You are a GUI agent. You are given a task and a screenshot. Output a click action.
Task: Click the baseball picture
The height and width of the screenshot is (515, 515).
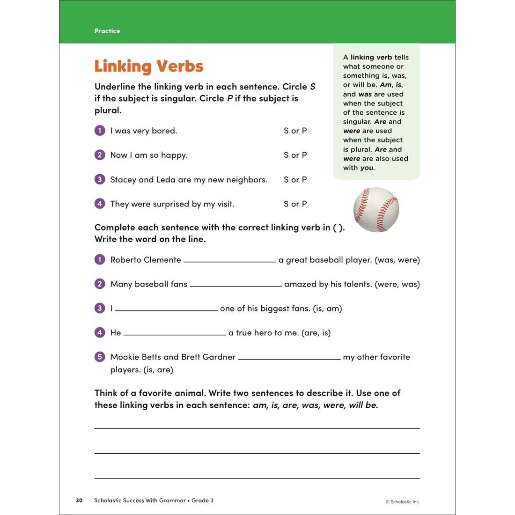click(376, 210)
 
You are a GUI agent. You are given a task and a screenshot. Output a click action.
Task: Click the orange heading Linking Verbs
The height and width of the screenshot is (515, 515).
click(149, 66)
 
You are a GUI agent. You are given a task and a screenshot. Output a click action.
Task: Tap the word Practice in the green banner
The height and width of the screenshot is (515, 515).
click(107, 31)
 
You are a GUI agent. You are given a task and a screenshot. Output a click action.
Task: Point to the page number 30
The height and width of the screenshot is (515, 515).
click(79, 500)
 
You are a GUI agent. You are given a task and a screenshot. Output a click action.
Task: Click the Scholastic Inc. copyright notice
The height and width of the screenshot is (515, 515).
click(403, 502)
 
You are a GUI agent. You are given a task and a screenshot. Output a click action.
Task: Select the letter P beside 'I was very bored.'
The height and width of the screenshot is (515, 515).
click(304, 131)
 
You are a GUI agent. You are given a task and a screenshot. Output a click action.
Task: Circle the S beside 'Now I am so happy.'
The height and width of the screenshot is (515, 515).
click(286, 155)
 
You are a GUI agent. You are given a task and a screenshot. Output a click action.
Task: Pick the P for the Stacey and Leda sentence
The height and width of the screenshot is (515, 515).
click(304, 179)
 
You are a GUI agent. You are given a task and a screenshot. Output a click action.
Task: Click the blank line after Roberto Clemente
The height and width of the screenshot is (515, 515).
click(229, 260)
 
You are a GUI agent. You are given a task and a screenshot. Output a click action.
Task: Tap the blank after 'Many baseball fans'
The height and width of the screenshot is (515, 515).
click(235, 285)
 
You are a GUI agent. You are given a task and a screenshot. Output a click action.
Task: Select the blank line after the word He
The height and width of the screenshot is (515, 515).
click(175, 333)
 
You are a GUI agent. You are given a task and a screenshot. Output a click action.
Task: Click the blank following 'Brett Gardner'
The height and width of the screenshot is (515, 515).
click(289, 358)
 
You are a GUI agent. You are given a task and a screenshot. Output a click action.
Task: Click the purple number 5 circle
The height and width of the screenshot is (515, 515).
click(100, 357)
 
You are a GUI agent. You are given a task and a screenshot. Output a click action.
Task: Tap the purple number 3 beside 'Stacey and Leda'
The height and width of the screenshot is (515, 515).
click(100, 179)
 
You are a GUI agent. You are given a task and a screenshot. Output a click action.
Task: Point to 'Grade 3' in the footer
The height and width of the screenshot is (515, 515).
click(202, 500)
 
